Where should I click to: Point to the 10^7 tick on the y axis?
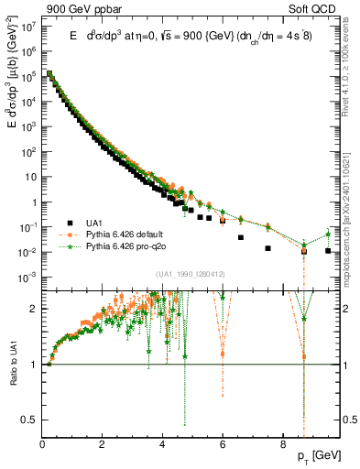[30, 27]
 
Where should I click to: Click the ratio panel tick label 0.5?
[28, 420]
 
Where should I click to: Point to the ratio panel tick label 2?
[34, 309]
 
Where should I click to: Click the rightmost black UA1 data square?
[328, 251]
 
